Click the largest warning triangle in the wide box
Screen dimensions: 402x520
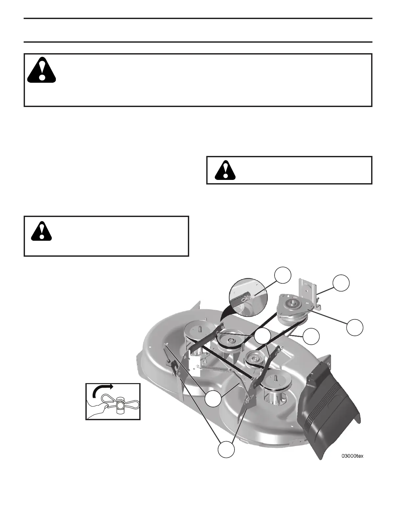tap(42, 70)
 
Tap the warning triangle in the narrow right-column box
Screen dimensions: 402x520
tap(225, 170)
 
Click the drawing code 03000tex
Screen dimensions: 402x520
tap(352, 456)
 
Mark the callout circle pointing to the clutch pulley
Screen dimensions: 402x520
tap(355, 328)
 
